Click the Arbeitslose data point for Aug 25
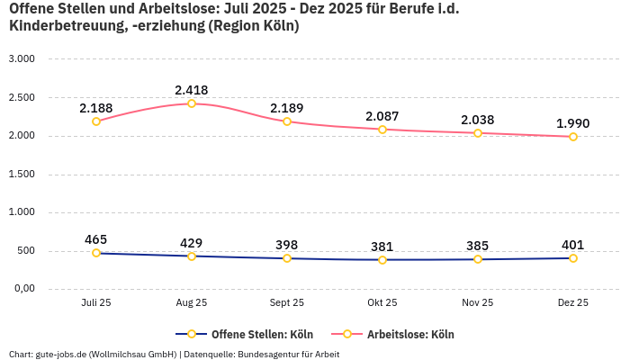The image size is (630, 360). point(192,103)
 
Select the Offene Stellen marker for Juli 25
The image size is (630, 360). point(96,253)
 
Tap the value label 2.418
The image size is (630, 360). point(192,90)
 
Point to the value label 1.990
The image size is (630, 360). point(572,123)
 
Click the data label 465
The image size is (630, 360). point(96,239)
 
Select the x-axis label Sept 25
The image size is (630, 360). point(287,303)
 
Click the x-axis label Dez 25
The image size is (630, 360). point(572,303)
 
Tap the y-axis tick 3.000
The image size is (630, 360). point(21,58)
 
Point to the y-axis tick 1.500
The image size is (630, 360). point(21,174)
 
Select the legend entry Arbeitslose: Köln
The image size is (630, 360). point(410,334)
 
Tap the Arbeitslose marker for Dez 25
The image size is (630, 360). point(572,137)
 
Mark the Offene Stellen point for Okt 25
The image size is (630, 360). point(382,260)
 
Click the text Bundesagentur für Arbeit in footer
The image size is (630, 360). point(288,354)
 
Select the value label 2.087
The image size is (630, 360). point(382,116)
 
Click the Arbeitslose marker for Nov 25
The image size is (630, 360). point(478,133)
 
